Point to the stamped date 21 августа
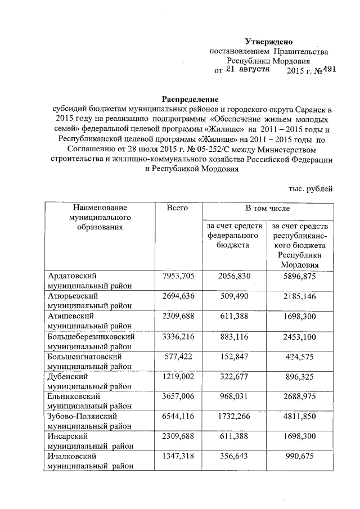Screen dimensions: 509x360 click(x=247, y=70)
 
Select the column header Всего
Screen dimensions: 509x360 click(x=177, y=208)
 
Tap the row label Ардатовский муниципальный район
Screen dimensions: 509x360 click(x=89, y=280)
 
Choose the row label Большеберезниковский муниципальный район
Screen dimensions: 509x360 click(x=91, y=341)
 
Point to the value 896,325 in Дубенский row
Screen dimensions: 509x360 click(x=300, y=376)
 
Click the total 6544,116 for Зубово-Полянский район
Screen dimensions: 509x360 click(x=177, y=417)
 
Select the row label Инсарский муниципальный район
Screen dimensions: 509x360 click(x=91, y=442)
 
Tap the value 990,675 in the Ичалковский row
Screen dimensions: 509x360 click(x=300, y=457)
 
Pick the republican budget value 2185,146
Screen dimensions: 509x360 click(x=300, y=295)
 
